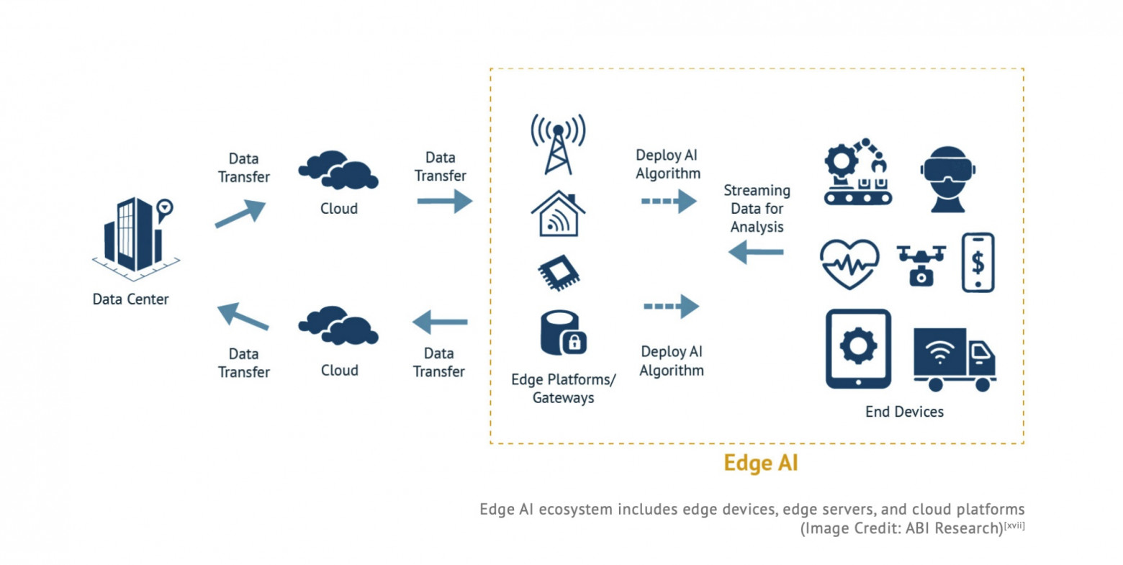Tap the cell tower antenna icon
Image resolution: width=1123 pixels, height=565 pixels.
pos(558,144)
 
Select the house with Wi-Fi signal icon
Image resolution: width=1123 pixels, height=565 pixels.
pos(558,214)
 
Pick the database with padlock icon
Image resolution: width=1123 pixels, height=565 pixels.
pos(563,333)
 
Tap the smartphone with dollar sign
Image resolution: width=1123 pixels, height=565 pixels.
pos(978,263)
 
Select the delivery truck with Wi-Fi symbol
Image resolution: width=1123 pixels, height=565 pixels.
pos(954,358)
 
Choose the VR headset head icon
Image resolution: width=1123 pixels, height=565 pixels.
pos(947,179)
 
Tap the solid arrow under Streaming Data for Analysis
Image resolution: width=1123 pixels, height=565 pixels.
pos(756,253)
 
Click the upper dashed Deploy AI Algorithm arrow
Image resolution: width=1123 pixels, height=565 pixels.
pos(669,202)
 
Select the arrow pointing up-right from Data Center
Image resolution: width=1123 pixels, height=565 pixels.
pos(240,214)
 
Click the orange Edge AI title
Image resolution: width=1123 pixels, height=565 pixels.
pos(760,463)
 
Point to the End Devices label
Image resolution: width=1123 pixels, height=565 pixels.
pos(904,412)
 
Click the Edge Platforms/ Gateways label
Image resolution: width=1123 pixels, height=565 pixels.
pos(563,389)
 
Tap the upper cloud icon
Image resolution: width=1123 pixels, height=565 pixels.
pos(338,171)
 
